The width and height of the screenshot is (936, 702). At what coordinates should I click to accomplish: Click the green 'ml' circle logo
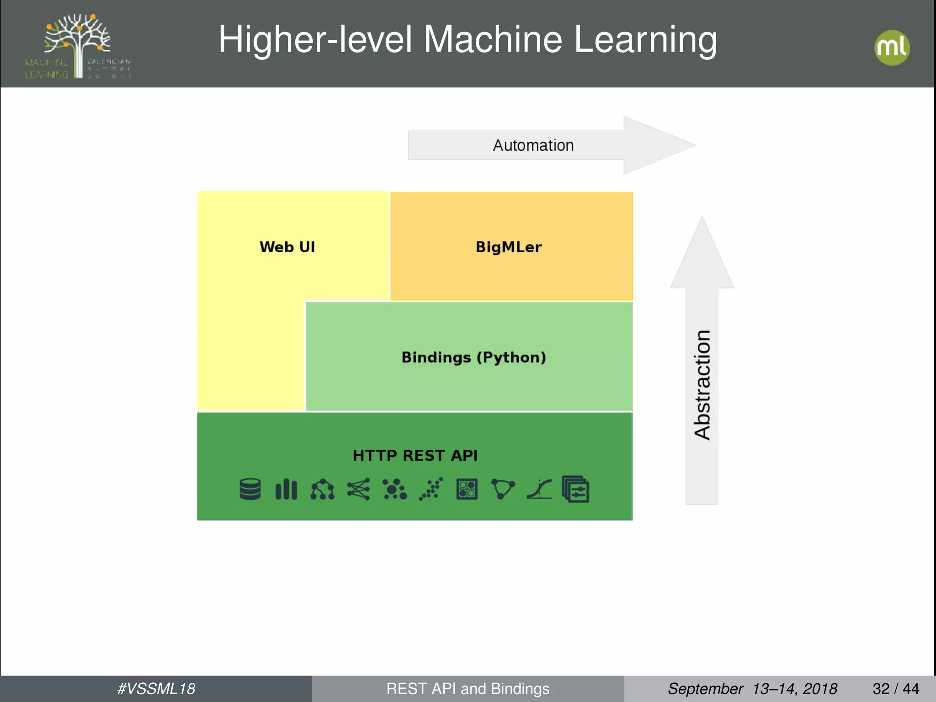pos(892,48)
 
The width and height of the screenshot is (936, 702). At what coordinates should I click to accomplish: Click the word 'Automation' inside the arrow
pos(533,145)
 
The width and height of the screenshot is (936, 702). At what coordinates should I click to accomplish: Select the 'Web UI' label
pos(287,247)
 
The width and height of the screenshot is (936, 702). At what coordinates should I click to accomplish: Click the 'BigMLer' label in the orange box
pos(508,247)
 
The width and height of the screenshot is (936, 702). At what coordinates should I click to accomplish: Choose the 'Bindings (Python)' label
pos(473,357)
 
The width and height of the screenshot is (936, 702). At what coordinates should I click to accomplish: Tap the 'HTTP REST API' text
pos(415,455)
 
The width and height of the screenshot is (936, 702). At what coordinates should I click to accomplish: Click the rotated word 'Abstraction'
pos(702,385)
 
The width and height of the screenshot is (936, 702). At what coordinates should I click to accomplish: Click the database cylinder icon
pos(250,489)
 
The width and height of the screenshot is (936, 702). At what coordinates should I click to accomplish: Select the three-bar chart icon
pos(286,489)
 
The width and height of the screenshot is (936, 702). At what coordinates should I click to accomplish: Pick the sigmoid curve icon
pos(539,489)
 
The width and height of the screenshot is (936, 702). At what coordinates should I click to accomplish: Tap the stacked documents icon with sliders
pos(575,489)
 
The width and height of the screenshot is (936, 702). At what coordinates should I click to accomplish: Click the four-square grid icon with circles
pos(467,489)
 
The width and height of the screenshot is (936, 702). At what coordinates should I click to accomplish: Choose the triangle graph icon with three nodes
pos(503,489)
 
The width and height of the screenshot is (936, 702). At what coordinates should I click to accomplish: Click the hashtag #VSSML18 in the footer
pos(156,689)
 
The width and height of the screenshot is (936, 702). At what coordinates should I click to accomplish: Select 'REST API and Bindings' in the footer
pos(468,689)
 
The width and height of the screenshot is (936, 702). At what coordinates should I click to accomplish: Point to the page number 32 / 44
pos(895,689)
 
